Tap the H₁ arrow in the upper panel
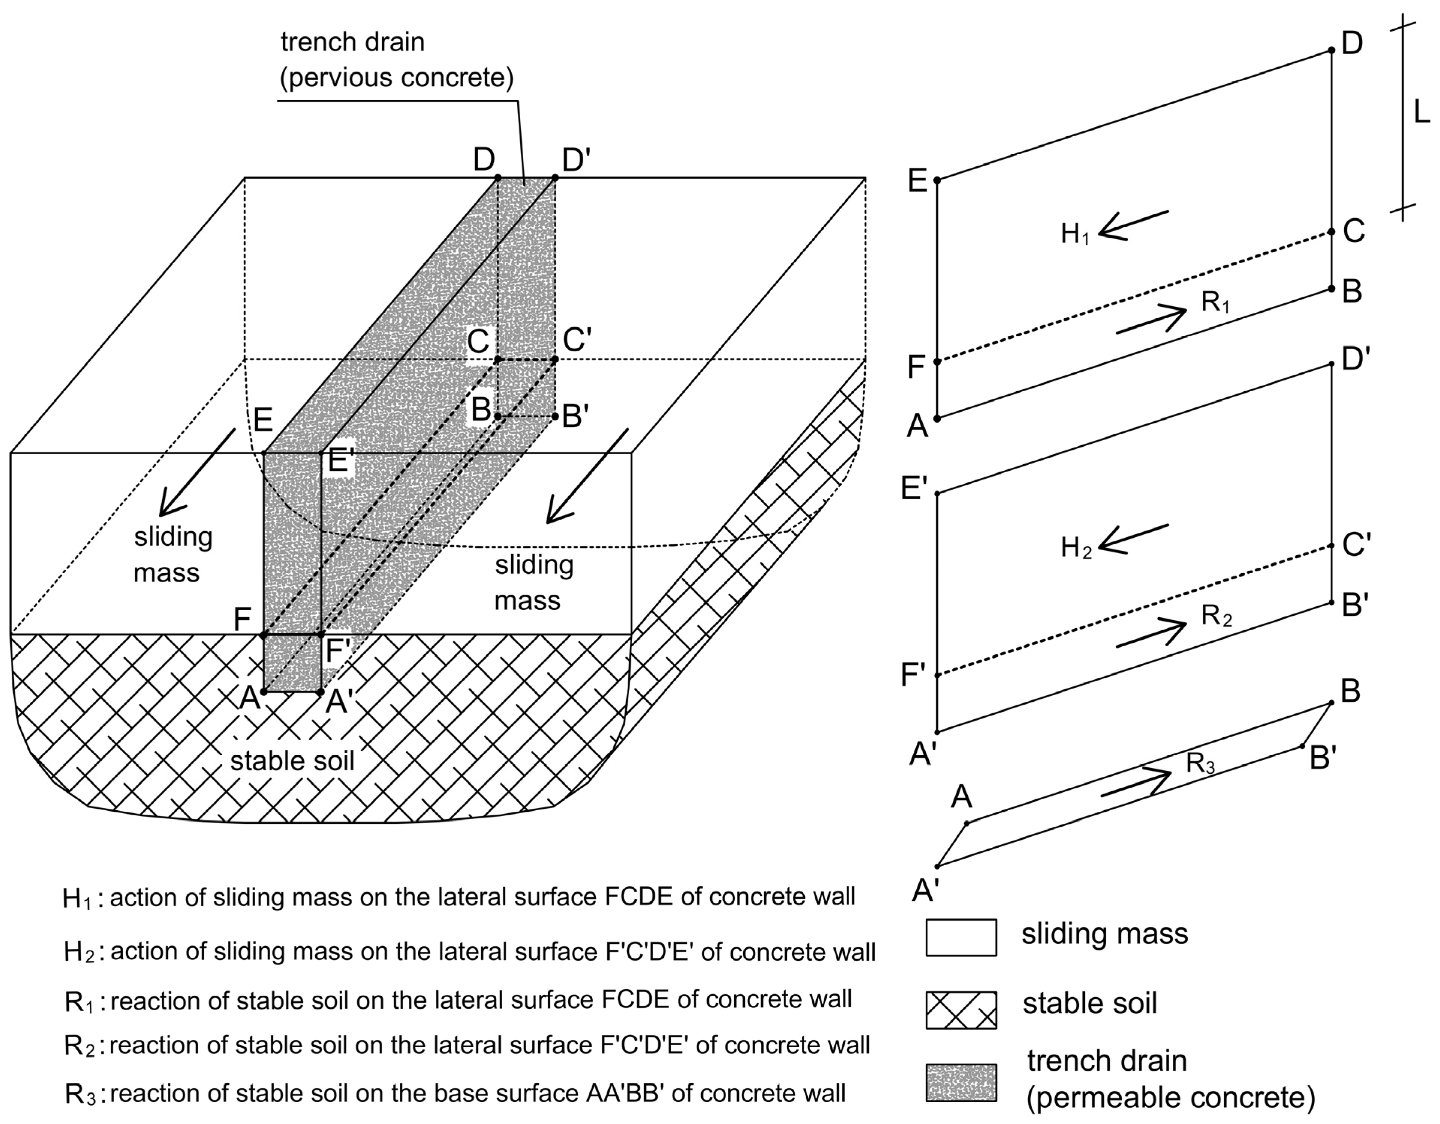point(1133,225)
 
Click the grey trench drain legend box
point(961,1082)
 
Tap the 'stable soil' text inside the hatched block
point(292,761)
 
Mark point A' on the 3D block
point(321,692)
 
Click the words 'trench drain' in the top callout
point(352,42)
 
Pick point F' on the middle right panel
point(937,675)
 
